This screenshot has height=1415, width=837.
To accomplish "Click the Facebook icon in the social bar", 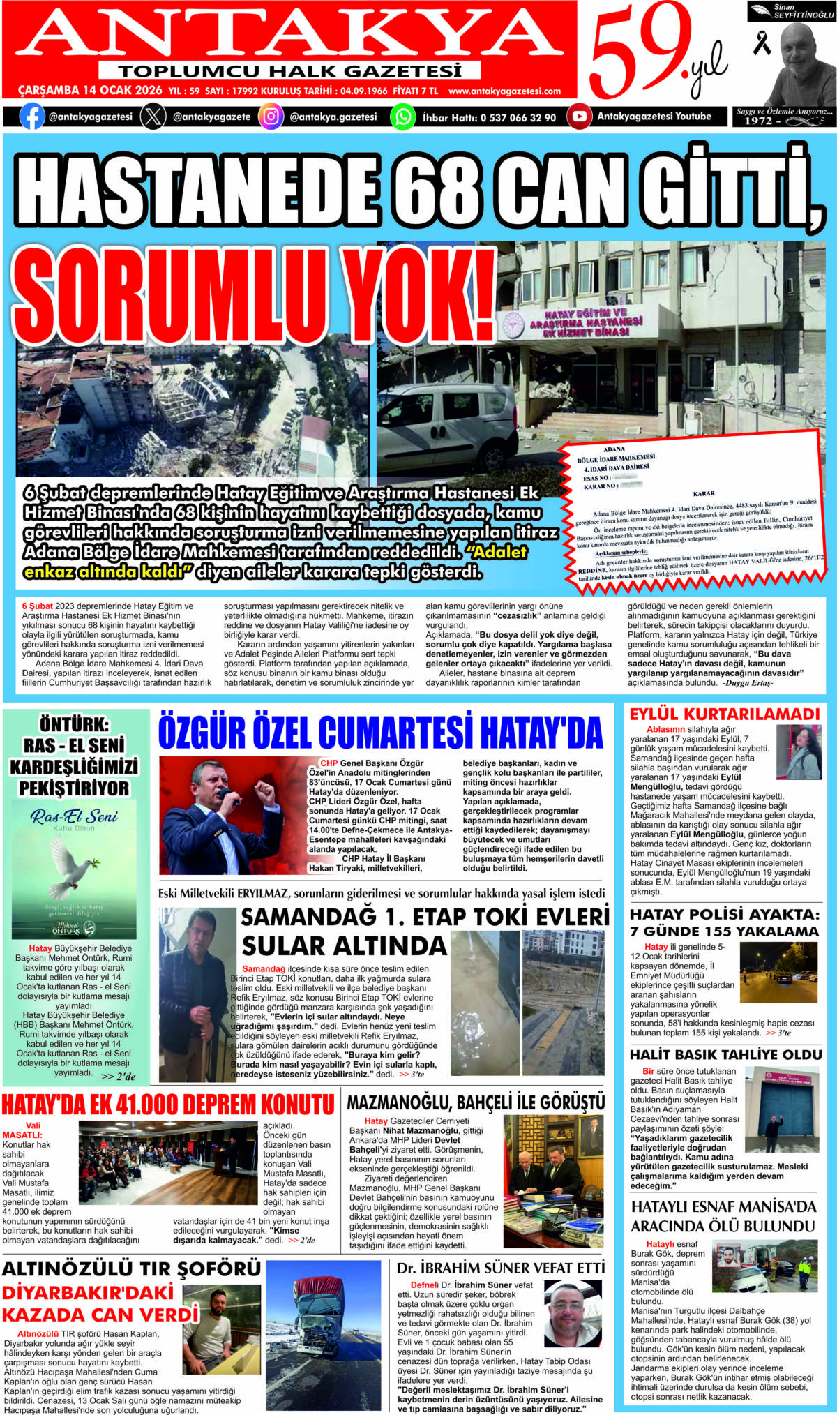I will pyautogui.click(x=32, y=117).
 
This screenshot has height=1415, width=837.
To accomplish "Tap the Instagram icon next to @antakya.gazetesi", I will pyautogui.click(x=271, y=117).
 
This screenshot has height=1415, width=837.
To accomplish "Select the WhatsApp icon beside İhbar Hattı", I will pyautogui.click(x=402, y=117).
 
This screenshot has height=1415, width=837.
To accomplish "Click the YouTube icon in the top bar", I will pyautogui.click(x=579, y=117).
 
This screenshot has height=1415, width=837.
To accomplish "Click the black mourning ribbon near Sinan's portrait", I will pyautogui.click(x=762, y=43).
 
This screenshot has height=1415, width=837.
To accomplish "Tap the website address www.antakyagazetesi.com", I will pyautogui.click(x=504, y=91).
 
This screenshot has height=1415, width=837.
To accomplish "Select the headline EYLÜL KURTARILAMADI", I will pyautogui.click(x=724, y=714).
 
